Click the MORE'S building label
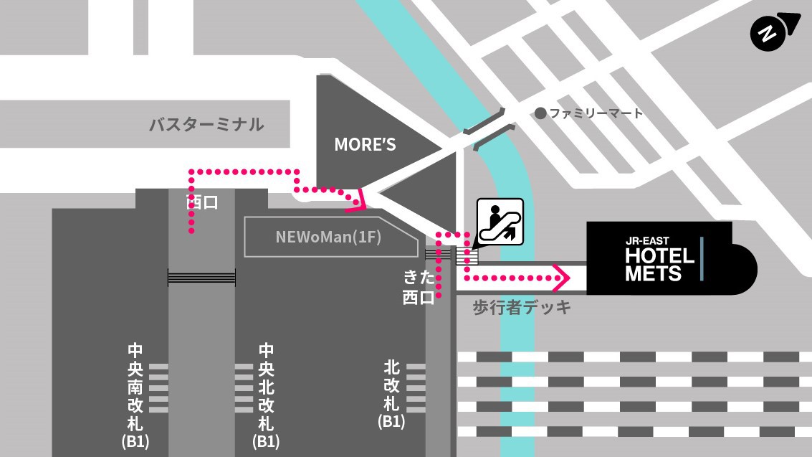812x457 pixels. [x=365, y=145]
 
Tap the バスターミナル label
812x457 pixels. [x=206, y=125]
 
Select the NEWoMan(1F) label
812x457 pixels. [x=328, y=237]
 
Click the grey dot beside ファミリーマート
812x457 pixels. [x=540, y=113]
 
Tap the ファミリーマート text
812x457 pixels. [x=596, y=113]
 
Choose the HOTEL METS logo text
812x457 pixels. [x=659, y=264]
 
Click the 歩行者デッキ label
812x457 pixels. [x=522, y=308]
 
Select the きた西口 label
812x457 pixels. [x=419, y=287]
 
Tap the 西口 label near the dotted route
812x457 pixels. [x=202, y=202]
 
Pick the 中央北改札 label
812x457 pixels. [x=266, y=388]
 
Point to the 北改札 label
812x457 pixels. [x=391, y=386]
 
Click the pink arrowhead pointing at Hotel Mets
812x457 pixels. [x=560, y=276]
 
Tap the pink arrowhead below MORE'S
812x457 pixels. [x=359, y=200]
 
